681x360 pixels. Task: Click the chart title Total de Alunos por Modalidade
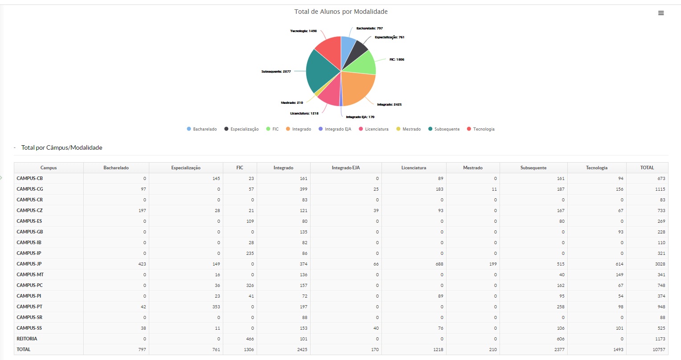[x=341, y=12]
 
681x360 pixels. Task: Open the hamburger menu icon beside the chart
[x=661, y=13]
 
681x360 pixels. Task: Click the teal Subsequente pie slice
[x=322, y=71]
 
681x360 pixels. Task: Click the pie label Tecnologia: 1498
[x=303, y=31]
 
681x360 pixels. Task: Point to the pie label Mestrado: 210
[x=292, y=103]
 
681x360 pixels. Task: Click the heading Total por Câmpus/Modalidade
[x=62, y=148]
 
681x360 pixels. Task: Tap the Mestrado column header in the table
[x=472, y=168]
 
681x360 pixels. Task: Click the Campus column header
[x=49, y=168]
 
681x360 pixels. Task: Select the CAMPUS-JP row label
[x=29, y=264]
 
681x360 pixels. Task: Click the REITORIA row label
[x=27, y=339]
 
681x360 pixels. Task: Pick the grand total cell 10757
[x=658, y=350]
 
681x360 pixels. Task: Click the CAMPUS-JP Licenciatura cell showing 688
[x=439, y=264]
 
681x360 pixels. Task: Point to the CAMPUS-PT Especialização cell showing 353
[x=216, y=307]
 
